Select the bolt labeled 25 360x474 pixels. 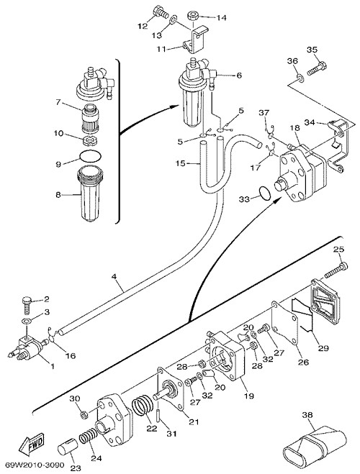click(336, 270)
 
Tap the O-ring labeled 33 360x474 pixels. click(265, 193)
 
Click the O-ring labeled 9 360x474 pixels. click(90, 156)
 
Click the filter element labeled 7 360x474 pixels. click(90, 117)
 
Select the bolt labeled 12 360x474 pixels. click(161, 12)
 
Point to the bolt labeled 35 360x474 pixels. click(317, 68)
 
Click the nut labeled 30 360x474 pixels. click(84, 414)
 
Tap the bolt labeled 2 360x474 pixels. click(27, 305)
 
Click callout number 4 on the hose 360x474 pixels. click(114, 277)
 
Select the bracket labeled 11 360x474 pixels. click(195, 40)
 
